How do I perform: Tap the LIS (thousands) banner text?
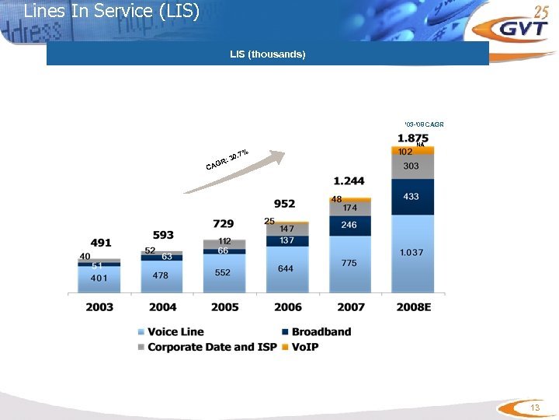267,54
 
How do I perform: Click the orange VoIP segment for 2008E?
413,151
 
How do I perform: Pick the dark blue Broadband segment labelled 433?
412,197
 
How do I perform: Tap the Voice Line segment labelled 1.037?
412,253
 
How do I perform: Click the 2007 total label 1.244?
349,181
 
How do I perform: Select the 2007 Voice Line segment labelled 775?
349,264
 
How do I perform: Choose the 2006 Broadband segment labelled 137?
286,240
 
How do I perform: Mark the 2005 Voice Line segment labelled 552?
224,272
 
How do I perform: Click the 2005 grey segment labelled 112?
224,243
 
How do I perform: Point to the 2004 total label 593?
163,235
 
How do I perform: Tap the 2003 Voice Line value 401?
99,278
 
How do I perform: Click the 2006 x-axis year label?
286,307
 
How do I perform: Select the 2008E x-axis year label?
414,307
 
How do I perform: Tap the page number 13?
534,408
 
